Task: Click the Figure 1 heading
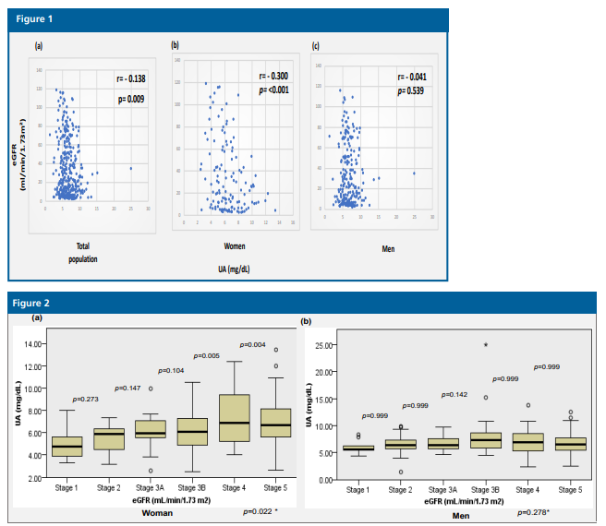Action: (35, 18)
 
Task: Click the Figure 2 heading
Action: (36, 302)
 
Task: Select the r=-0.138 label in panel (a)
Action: (130, 81)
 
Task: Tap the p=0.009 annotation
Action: (130, 98)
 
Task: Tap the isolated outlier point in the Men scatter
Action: (413, 173)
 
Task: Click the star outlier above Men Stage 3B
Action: (486, 345)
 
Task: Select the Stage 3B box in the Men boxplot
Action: (486, 440)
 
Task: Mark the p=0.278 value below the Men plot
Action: (533, 511)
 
